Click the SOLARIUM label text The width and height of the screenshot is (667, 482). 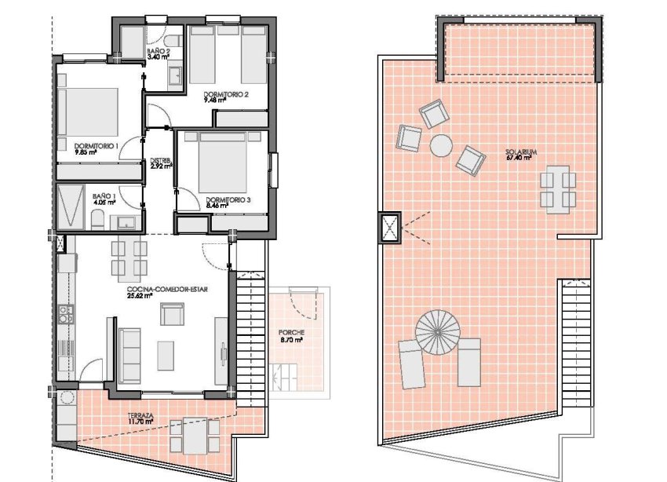[x=521, y=152]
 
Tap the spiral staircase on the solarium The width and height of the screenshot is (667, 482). [x=438, y=332]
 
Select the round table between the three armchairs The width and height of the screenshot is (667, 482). [x=441, y=145]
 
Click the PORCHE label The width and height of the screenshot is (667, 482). [x=291, y=332]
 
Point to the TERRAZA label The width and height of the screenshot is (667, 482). [x=140, y=415]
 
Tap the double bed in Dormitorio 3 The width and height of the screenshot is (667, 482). [x=223, y=162]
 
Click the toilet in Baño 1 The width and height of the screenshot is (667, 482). [x=97, y=221]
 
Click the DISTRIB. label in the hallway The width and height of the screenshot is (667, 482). [x=161, y=161]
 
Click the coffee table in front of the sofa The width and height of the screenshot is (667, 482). [x=166, y=356]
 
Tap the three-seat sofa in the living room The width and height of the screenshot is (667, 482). [x=129, y=356]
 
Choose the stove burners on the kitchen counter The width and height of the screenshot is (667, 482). [x=65, y=314]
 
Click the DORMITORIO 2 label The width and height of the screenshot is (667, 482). [x=226, y=94]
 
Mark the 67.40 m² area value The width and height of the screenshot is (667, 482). [x=519, y=158]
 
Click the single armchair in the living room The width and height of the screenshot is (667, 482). [x=173, y=314]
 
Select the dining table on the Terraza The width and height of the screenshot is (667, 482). [x=195, y=436]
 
